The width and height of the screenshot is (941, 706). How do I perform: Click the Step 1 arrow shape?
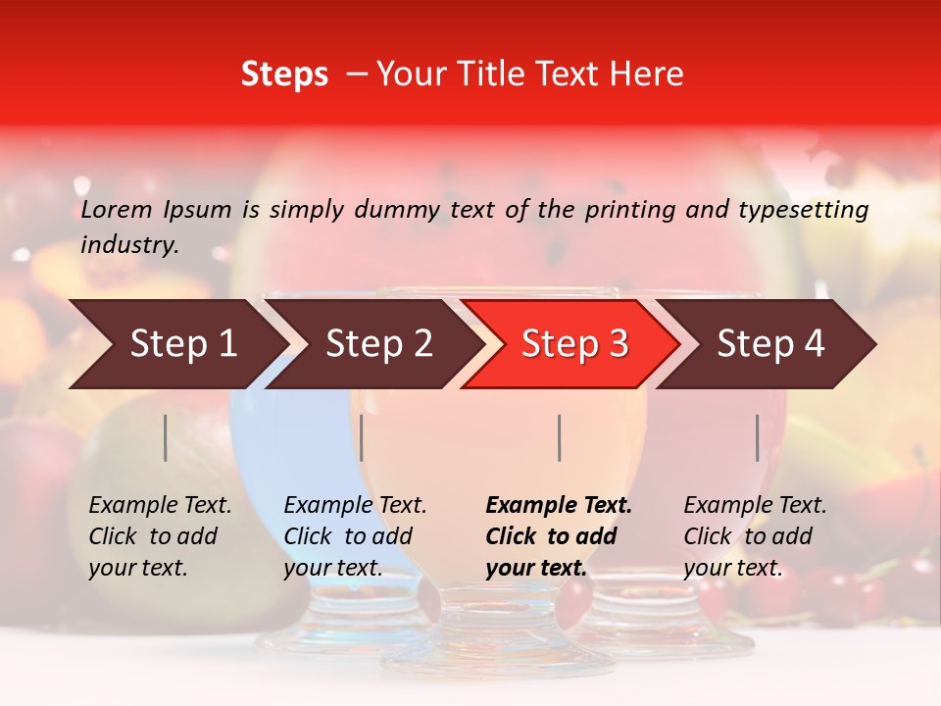[x=182, y=344]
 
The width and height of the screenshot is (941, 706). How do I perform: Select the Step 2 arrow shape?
[x=378, y=344]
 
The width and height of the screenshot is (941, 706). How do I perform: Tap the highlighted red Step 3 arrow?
[x=574, y=344]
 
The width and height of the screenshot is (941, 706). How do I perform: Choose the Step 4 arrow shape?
[x=770, y=344]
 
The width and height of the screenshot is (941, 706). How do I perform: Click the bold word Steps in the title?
[x=284, y=75]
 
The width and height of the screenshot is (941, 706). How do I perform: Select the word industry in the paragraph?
[x=129, y=244]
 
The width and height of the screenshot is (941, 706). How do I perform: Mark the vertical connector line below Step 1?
[x=166, y=437]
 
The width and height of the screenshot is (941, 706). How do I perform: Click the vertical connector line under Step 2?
[x=362, y=437]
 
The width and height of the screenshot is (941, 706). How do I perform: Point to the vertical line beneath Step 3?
[x=560, y=437]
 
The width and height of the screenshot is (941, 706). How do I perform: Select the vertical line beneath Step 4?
[x=758, y=437]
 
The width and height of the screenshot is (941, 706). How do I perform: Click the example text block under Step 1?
[x=160, y=536]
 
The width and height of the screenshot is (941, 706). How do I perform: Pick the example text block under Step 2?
[x=355, y=536]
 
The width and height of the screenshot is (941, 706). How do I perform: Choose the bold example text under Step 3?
[x=559, y=536]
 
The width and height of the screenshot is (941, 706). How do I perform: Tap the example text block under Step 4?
[x=755, y=536]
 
